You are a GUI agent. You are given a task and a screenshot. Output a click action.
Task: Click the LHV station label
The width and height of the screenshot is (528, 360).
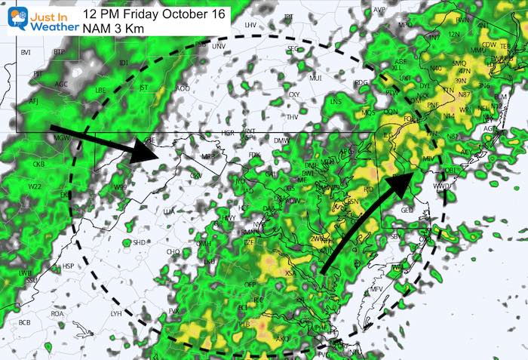click(x=250, y=26)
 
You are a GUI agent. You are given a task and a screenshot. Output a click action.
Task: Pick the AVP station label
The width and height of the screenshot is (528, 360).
click(x=379, y=10)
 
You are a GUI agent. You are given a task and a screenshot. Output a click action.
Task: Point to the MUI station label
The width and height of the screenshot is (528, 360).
click(x=315, y=77)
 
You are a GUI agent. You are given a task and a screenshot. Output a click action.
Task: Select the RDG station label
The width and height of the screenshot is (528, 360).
click(x=361, y=82)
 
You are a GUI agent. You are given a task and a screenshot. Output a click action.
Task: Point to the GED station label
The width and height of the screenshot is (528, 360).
click(x=407, y=210)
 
